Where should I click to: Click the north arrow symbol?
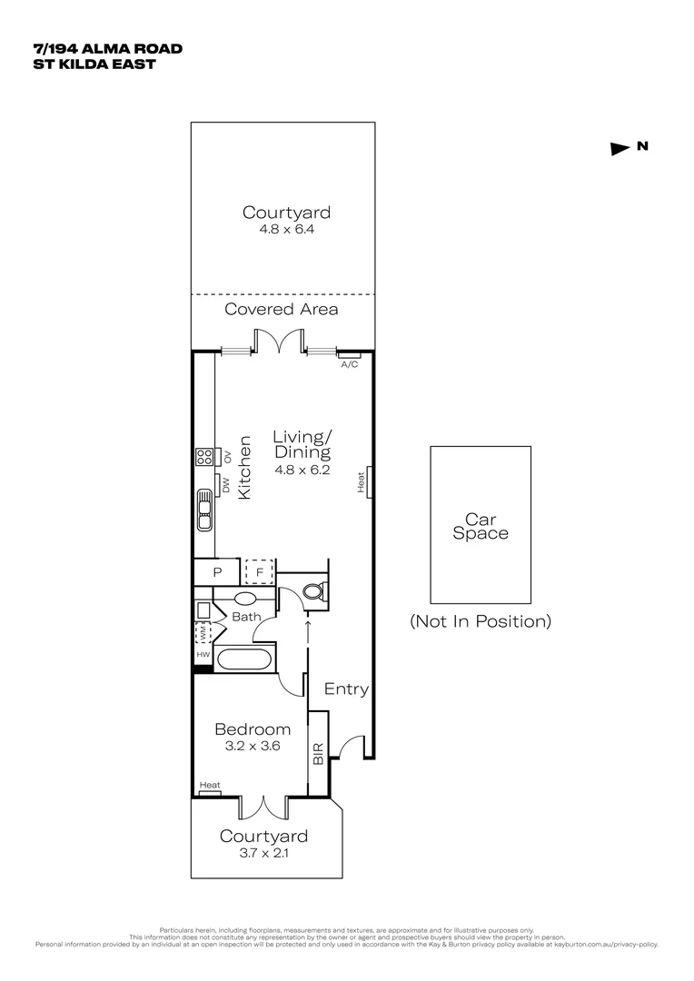point(620,149)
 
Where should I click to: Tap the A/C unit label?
point(349,364)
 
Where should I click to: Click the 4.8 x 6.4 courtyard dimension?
point(285,231)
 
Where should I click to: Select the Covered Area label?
point(282,310)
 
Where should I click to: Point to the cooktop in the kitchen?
point(203,457)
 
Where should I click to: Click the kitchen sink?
point(203,510)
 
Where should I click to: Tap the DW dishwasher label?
point(225,487)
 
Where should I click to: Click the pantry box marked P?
point(217,573)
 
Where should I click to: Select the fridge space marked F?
point(259,573)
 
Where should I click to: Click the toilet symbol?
point(312,592)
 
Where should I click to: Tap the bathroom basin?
point(245,599)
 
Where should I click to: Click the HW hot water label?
point(203,654)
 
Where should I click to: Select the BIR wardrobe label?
point(318,753)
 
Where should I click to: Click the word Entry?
point(346,689)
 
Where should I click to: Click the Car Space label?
point(480,527)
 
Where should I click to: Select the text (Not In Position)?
point(480,622)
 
